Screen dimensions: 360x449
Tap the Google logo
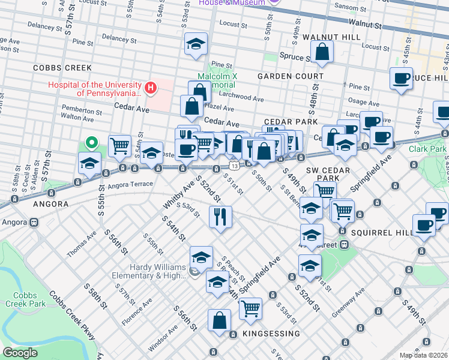[20, 353]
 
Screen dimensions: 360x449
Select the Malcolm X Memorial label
[220, 80]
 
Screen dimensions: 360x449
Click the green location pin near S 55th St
[91, 143]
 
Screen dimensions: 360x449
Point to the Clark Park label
[428, 149]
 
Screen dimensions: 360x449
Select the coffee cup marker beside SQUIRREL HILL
[424, 226]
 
